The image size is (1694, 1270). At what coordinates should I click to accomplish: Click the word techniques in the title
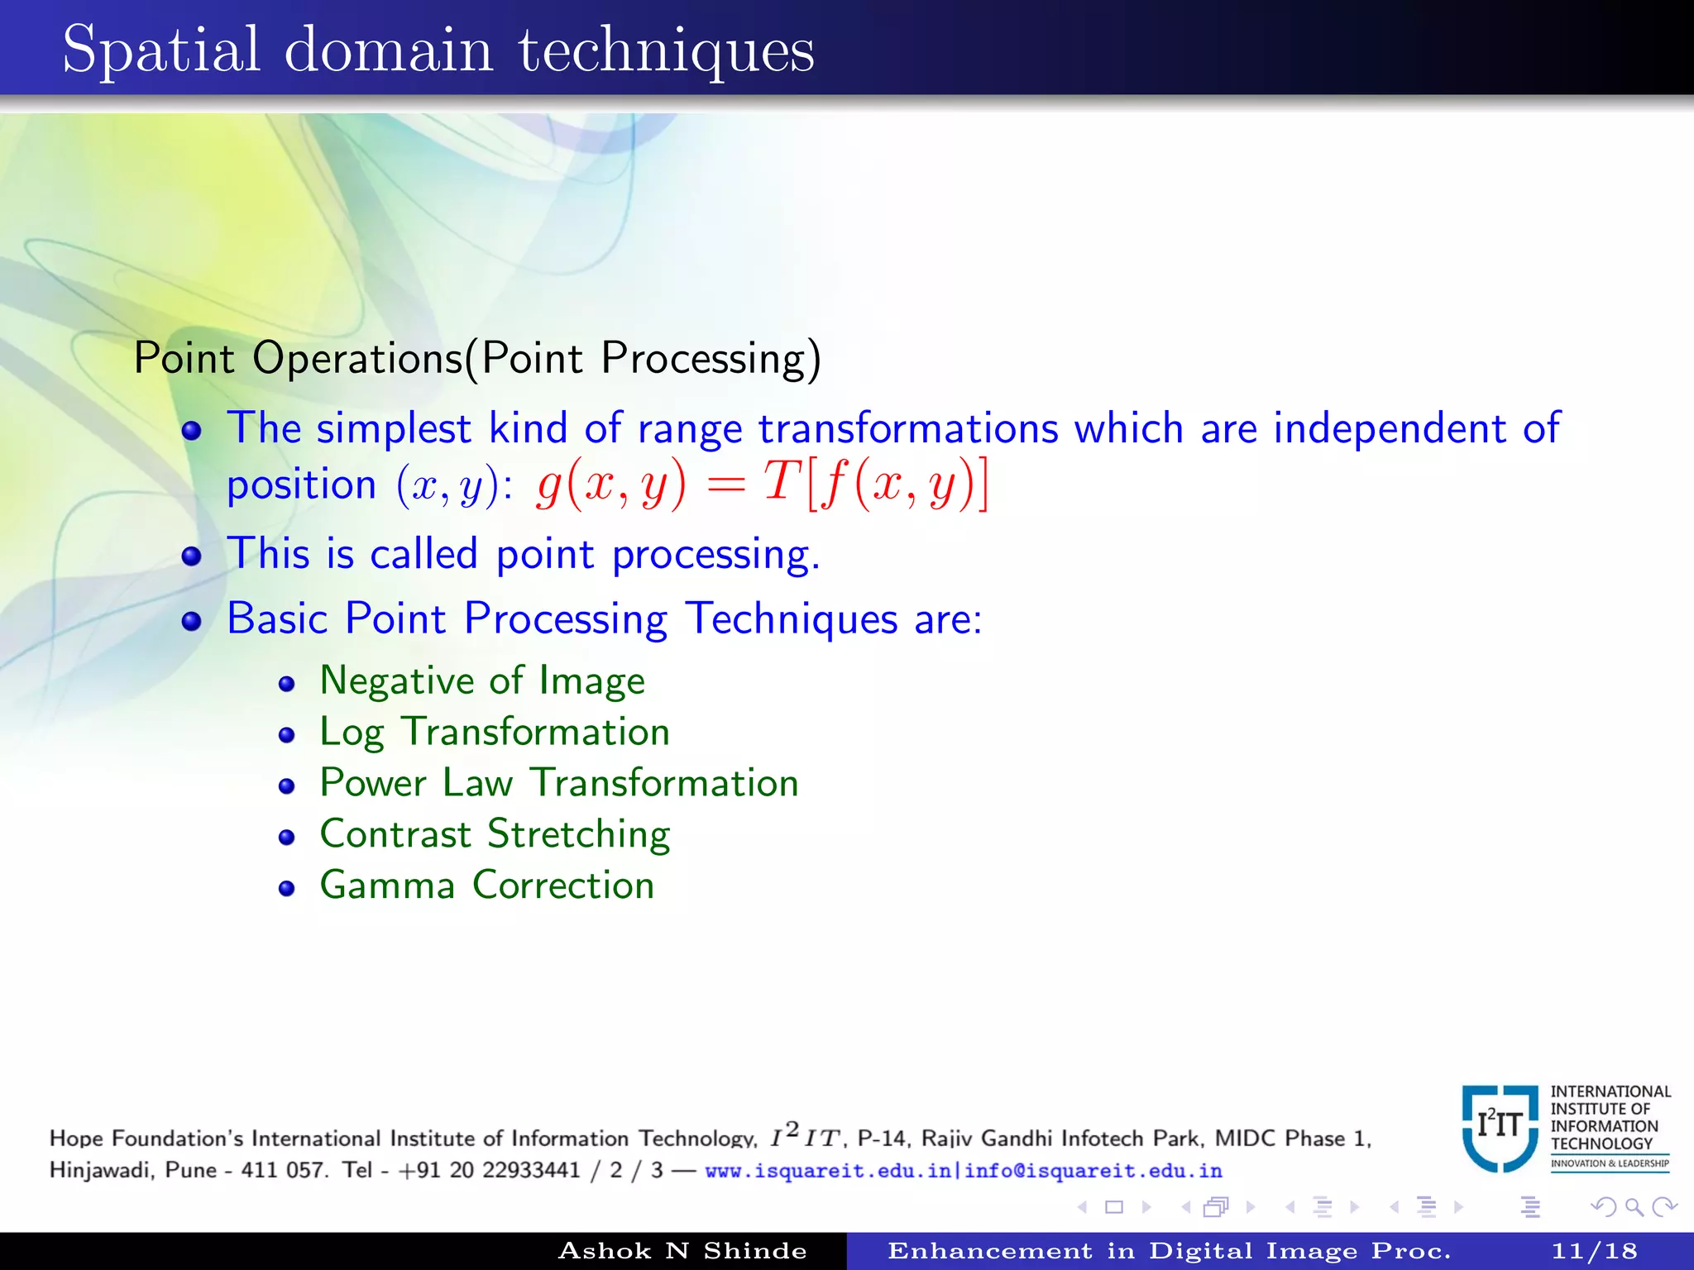click(667, 51)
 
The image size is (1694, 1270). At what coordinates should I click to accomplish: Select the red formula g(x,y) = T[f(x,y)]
click(762, 485)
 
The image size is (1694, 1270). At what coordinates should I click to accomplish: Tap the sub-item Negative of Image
click(482, 681)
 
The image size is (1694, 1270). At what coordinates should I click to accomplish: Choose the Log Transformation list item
click(495, 733)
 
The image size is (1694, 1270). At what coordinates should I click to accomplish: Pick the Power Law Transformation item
click(559, 783)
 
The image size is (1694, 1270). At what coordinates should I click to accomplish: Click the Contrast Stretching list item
click(495, 834)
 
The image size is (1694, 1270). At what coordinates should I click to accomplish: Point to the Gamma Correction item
click(487, 886)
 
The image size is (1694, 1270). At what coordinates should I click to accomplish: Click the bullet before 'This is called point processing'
click(192, 556)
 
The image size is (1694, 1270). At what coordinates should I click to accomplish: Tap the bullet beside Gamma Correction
click(287, 889)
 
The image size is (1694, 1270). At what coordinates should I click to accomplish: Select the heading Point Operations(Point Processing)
click(477, 359)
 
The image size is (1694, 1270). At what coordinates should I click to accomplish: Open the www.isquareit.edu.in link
click(827, 1171)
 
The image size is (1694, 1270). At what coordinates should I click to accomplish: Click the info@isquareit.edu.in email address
click(1093, 1171)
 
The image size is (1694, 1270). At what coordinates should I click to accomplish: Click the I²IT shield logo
click(1500, 1127)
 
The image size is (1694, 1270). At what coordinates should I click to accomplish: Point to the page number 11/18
click(1594, 1251)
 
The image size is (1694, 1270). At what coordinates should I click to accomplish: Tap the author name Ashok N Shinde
click(682, 1251)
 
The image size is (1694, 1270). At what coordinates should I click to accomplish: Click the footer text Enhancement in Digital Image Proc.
click(1169, 1251)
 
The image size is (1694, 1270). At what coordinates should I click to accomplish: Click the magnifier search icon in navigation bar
click(1634, 1207)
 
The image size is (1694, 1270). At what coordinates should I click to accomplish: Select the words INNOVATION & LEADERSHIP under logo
click(1610, 1163)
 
